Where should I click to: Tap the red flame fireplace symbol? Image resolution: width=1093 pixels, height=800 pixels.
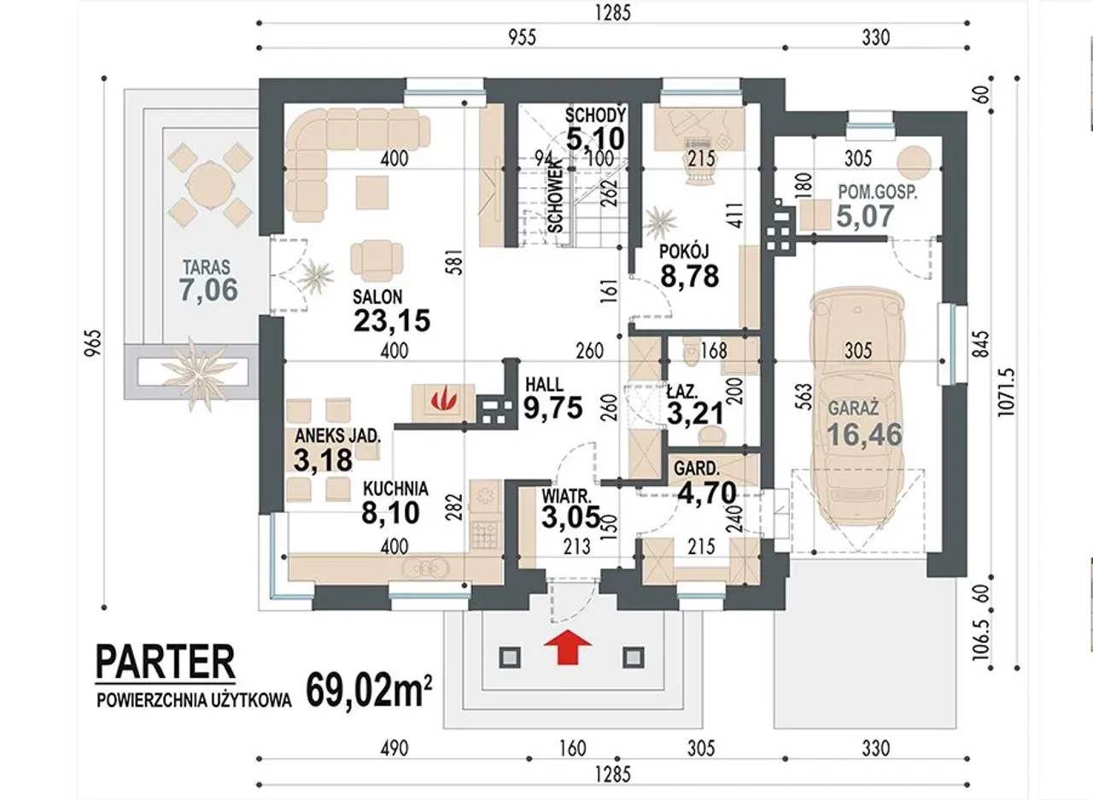(443, 398)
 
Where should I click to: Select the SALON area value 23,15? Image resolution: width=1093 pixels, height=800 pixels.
(392, 321)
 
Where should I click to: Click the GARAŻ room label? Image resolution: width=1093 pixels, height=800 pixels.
(853, 407)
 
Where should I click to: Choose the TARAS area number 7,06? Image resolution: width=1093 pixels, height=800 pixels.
(209, 289)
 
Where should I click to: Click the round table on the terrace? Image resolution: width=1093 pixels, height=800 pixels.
(210, 185)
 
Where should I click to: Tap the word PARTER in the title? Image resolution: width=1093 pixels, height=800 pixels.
(166, 662)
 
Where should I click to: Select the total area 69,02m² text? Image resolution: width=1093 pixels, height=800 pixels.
(369, 691)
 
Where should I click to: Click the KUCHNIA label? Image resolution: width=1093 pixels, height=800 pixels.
(395, 488)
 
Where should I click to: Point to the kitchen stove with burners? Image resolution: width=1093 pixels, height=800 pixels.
(486, 534)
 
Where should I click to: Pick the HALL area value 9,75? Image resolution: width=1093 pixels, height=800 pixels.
(552, 408)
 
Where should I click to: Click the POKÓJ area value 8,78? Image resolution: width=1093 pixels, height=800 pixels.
(689, 276)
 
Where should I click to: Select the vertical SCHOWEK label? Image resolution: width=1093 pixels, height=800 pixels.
(555, 196)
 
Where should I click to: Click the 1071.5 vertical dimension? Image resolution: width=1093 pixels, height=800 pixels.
(1006, 392)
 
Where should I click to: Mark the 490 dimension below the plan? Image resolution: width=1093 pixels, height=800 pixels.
(395, 749)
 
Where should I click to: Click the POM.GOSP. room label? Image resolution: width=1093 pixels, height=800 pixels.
(878, 192)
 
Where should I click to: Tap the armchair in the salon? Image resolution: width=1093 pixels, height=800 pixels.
(377, 260)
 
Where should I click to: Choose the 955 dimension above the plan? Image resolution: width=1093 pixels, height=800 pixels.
(522, 38)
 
